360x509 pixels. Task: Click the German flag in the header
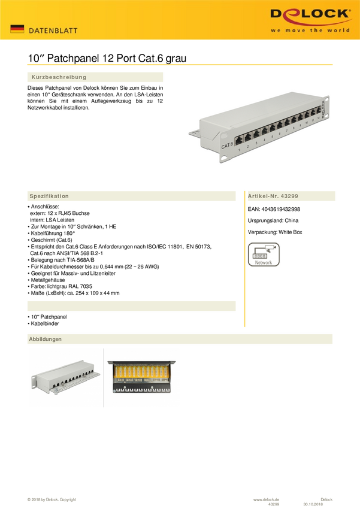[x=17, y=29]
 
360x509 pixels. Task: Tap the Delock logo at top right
[x=310, y=14]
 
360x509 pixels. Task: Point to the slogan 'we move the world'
[x=310, y=30]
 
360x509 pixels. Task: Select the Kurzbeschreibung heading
[x=59, y=77]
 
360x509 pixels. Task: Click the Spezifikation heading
[x=49, y=196]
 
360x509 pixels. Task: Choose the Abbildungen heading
[x=46, y=339]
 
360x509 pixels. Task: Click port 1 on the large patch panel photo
[x=238, y=140]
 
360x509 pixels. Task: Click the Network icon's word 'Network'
[x=264, y=263]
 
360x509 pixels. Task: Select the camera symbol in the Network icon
[x=273, y=246]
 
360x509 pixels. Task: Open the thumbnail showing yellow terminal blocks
[x=142, y=377]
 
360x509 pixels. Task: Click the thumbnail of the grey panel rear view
[x=65, y=377]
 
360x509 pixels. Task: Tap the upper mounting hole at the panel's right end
[x=325, y=99]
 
